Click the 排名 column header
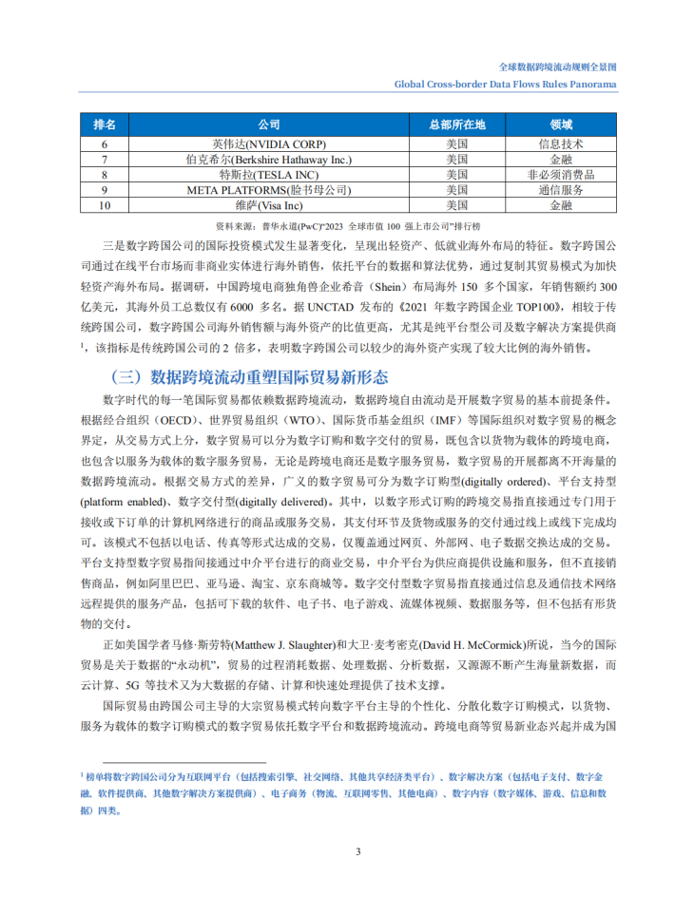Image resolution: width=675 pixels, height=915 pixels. [105, 124]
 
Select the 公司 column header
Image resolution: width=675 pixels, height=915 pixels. [269, 124]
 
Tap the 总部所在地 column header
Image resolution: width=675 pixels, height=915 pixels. [456, 124]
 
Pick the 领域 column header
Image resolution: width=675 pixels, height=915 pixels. [561, 124]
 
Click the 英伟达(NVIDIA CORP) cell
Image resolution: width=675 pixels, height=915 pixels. [269, 144]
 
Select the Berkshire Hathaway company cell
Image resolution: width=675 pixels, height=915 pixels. [269, 160]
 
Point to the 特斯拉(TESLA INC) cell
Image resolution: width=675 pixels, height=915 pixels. [269, 175]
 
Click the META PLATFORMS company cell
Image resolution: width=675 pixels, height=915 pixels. [269, 190]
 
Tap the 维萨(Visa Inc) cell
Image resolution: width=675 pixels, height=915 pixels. [269, 204]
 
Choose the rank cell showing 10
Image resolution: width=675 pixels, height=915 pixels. [105, 204]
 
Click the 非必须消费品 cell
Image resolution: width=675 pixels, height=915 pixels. [561, 175]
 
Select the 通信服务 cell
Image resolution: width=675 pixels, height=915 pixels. [561, 190]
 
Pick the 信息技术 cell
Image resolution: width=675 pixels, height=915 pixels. [561, 144]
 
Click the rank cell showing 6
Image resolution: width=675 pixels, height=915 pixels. [105, 144]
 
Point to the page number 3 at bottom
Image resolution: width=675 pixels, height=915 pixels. [357, 850]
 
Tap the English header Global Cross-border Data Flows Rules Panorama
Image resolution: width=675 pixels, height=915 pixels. [506, 84]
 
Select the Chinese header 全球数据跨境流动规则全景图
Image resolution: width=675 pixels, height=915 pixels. [558, 67]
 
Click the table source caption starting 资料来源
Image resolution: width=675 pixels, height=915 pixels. [348, 226]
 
